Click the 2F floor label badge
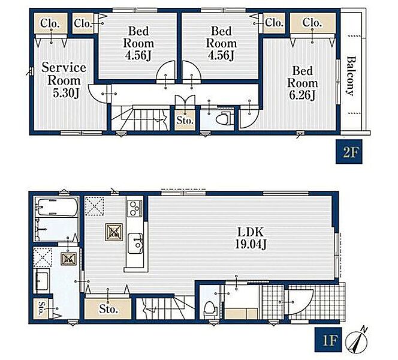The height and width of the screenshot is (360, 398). click(x=349, y=152)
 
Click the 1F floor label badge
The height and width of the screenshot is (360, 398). click(x=328, y=340)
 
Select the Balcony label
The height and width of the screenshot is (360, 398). click(x=351, y=76)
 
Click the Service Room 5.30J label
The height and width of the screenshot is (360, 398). click(x=64, y=80)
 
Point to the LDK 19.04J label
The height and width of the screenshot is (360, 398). click(x=251, y=238)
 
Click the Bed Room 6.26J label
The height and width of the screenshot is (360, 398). click(x=302, y=83)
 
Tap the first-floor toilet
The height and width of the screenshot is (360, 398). click(x=210, y=309)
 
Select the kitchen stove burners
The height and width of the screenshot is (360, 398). click(x=135, y=208)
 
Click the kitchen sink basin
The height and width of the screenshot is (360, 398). click(x=135, y=243)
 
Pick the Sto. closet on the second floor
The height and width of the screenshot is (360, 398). click(x=185, y=120)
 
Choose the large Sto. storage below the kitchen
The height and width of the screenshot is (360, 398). click(x=108, y=308)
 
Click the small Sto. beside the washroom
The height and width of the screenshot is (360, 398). click(x=41, y=308)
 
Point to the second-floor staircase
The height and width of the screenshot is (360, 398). click(x=140, y=118)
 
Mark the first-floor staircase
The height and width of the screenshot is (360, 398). click(x=165, y=308)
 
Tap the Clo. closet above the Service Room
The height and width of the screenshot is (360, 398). click(x=51, y=23)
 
